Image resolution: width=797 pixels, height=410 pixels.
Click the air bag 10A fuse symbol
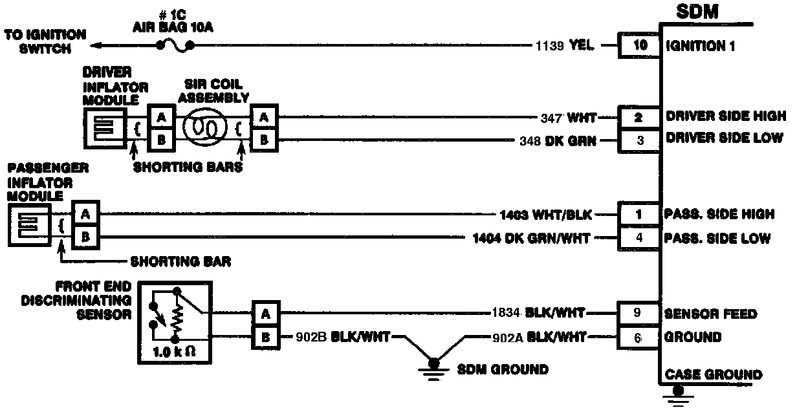175,45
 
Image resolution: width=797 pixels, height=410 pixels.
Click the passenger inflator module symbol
30,226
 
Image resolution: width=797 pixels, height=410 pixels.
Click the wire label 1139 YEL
565,46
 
